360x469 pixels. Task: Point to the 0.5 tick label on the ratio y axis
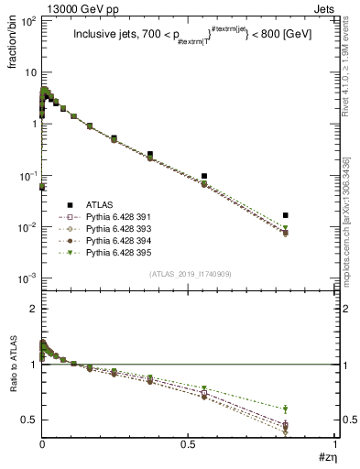pyautogui.click(x=28, y=420)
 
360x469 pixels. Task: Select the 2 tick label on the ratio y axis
pyautogui.click(x=32, y=309)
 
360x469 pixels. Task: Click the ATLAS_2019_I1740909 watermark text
pyautogui.click(x=190, y=274)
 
